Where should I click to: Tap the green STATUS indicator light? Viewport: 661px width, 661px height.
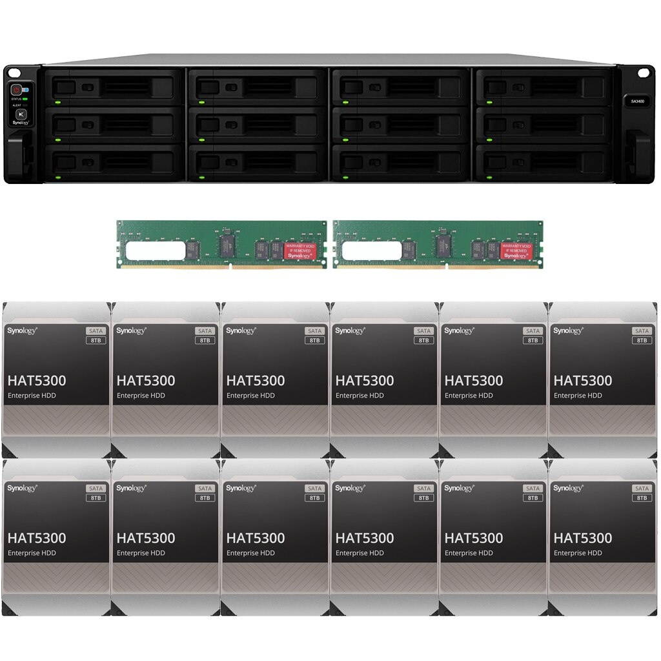[x=25, y=99]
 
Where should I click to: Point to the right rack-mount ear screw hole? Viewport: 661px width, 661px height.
[x=642, y=72]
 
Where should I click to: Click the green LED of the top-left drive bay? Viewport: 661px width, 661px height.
[x=57, y=102]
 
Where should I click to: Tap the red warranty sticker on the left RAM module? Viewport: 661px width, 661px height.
[x=299, y=250]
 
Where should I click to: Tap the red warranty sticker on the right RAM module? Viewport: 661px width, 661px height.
[x=516, y=250]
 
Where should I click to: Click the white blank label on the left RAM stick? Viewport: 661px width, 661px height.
[x=156, y=250]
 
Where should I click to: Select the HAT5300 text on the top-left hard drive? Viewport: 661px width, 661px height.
[x=37, y=381]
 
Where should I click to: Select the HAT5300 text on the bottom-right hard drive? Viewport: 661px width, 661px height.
[x=583, y=538]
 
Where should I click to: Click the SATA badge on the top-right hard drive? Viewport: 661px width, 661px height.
[x=642, y=330]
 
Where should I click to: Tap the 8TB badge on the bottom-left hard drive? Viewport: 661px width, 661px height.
[x=96, y=498]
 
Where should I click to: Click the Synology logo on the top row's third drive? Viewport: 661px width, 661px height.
[x=241, y=330]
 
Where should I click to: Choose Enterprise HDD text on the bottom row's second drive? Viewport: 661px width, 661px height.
[x=141, y=553]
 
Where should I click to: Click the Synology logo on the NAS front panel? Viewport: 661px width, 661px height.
[x=21, y=122]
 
